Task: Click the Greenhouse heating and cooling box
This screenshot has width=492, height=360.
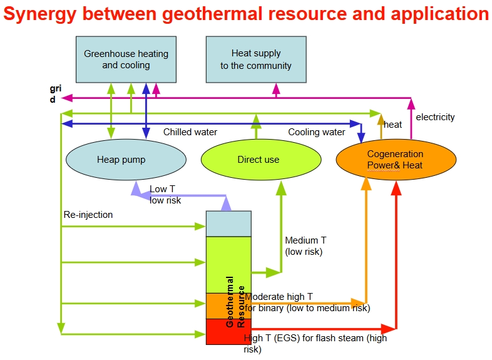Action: tap(126, 59)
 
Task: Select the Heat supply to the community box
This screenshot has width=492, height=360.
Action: tap(255, 59)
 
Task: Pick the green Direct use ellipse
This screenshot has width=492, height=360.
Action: tap(258, 160)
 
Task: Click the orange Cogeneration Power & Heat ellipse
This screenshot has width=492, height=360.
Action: tap(395, 160)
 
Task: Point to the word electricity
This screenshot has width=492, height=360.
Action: tap(435, 117)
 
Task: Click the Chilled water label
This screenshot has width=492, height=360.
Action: tap(190, 132)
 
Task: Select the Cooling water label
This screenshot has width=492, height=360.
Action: tap(316, 132)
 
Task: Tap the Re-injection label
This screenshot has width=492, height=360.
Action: tap(88, 215)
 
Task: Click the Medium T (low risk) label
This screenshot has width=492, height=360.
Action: tap(305, 246)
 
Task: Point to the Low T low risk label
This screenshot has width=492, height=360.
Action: tap(165, 195)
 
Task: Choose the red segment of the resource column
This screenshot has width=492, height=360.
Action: tap(228, 332)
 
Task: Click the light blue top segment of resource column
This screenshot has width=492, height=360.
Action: tap(228, 224)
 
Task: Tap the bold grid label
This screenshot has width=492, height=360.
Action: tap(55, 94)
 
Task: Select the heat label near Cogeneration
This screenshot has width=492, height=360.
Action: tap(393, 125)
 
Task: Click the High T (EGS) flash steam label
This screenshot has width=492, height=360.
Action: tap(315, 344)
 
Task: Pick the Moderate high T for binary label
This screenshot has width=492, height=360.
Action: tap(307, 302)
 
